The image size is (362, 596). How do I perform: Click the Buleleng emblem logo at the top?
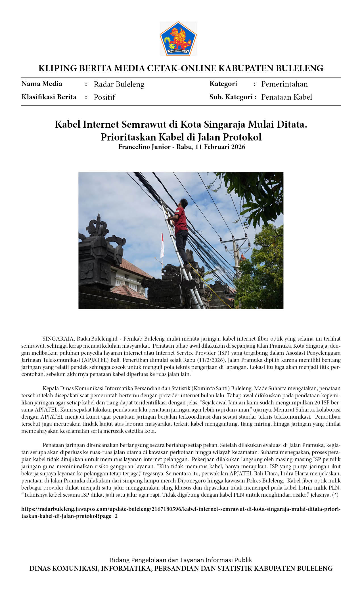[178, 39]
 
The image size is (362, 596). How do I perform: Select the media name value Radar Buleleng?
[119, 84]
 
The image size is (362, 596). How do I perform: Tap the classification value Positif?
[104, 97]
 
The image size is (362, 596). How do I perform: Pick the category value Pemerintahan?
[284, 84]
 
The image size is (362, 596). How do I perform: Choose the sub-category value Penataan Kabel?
[286, 97]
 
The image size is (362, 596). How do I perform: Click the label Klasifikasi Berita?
[49, 97]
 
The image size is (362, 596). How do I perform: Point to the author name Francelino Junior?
[144, 147]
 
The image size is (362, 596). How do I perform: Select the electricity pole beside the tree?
[235, 255]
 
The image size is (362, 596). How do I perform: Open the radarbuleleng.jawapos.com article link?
[181, 509]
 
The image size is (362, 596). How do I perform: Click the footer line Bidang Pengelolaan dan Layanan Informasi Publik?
[181, 560]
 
